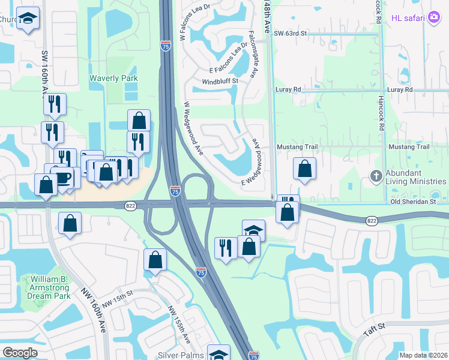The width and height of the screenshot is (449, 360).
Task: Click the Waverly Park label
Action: (x=113, y=78)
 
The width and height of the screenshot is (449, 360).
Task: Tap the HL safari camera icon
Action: (x=433, y=17)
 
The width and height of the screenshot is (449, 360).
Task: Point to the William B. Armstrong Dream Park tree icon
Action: (x=27, y=280)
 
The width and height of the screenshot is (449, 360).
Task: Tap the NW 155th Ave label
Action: (x=179, y=325)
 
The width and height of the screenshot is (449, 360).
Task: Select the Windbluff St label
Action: (x=220, y=81)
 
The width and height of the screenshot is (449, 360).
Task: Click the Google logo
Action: (x=20, y=352)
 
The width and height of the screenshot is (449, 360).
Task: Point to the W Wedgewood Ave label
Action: (x=194, y=128)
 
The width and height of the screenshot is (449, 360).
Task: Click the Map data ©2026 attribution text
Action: (x=423, y=355)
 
